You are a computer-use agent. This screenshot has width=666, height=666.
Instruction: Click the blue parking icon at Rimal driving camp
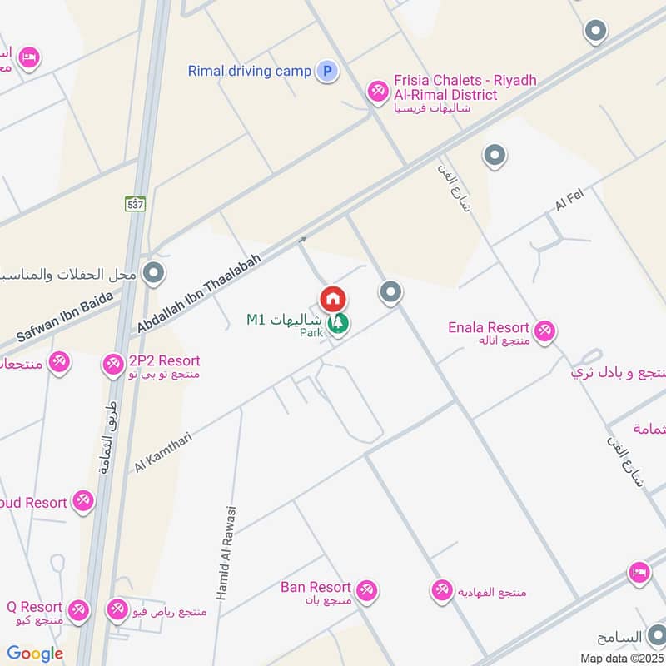tap(327, 72)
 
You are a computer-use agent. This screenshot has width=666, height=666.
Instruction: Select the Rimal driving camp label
tap(249, 72)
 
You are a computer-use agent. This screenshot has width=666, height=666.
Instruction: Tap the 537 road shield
tap(135, 204)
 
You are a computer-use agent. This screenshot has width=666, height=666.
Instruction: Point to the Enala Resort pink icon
tap(544, 331)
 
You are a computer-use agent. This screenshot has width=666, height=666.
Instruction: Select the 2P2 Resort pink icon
tap(112, 364)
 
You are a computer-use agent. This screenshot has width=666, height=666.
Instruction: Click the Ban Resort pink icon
tap(366, 590)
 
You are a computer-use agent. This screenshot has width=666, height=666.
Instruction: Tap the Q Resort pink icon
tap(78, 610)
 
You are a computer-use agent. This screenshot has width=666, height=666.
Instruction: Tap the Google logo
tap(35, 654)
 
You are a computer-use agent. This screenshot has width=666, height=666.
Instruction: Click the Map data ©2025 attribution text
tap(620, 658)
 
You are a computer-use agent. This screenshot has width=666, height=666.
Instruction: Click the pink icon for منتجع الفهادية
tap(441, 591)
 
